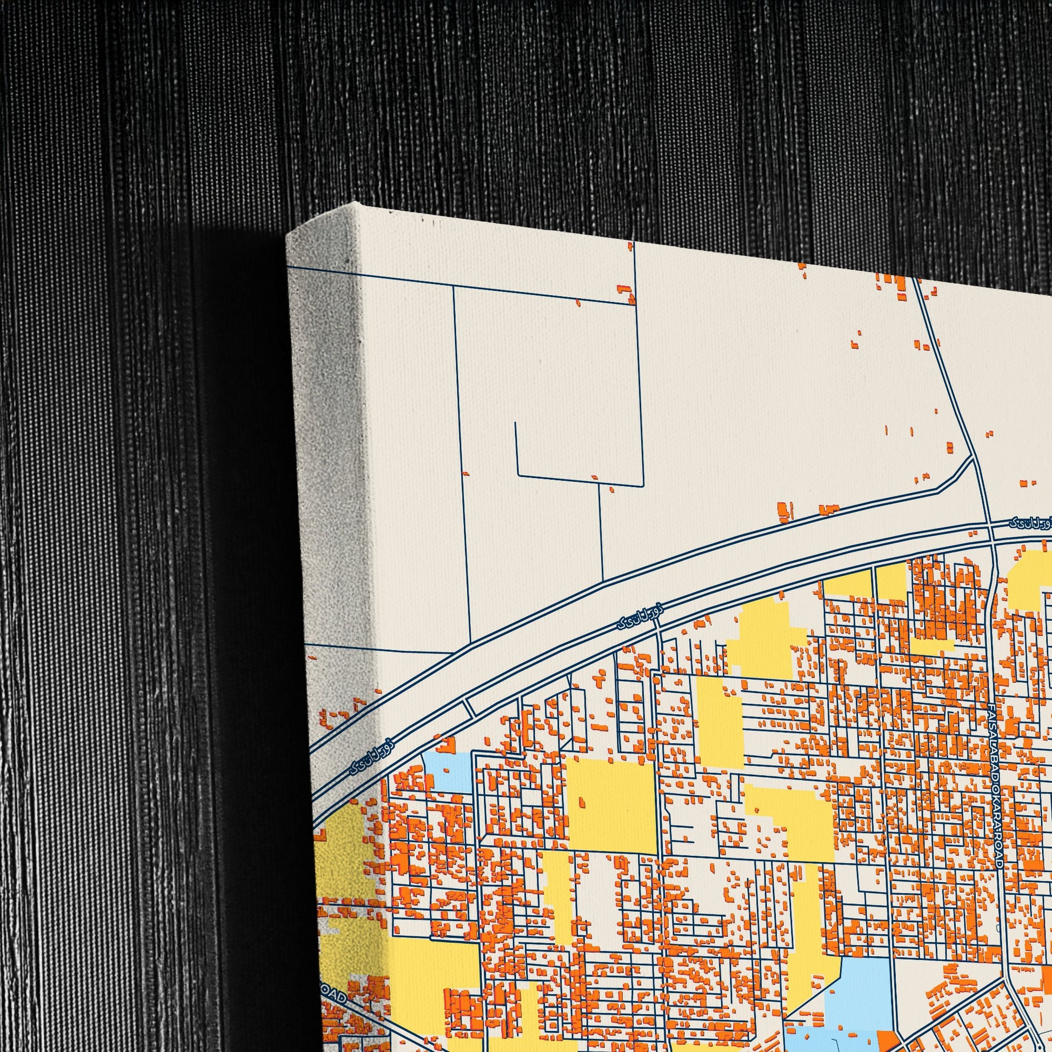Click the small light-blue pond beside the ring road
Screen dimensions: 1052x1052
pos(447,770)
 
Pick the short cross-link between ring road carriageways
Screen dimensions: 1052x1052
pos(469,707)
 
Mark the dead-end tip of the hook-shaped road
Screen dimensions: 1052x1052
pos(515,423)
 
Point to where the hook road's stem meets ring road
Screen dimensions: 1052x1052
pos(603,581)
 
